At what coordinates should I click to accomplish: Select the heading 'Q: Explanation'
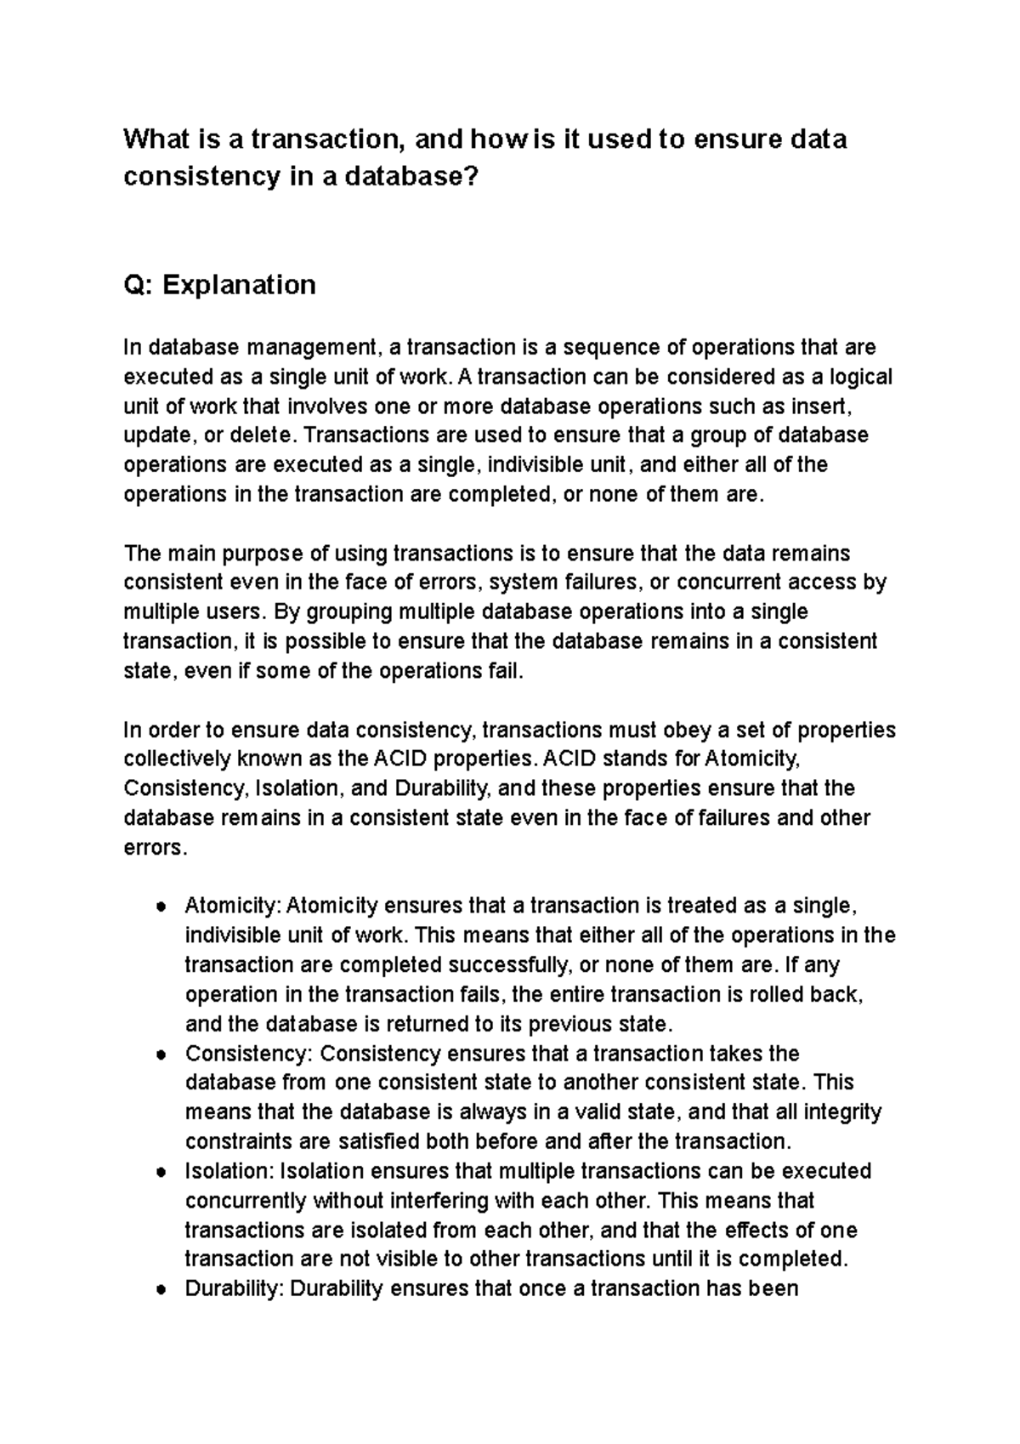coord(219,284)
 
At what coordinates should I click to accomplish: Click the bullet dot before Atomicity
coord(160,907)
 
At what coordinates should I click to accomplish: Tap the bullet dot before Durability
coord(160,1290)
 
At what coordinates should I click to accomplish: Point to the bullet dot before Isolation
coord(160,1173)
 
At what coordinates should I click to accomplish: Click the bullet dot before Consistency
coord(160,1055)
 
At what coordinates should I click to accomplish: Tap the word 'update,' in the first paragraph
coord(157,436)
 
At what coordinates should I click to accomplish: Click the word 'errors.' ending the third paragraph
coord(153,848)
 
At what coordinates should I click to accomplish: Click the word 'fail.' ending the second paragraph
coord(502,671)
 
